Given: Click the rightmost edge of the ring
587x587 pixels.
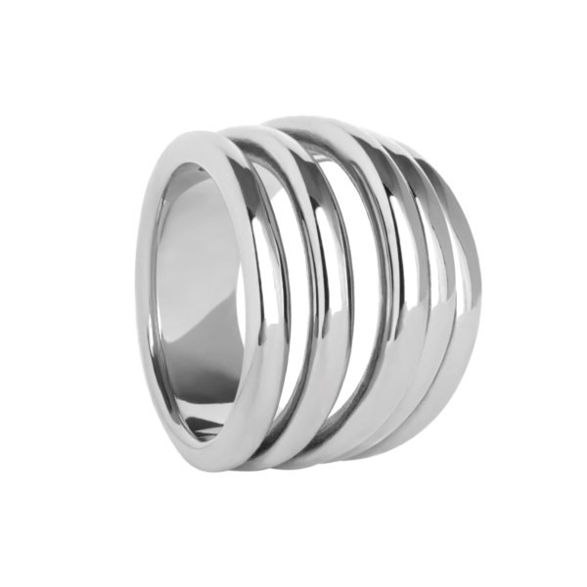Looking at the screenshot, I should point(481,284).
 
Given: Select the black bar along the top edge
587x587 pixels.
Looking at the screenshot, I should point(293,4).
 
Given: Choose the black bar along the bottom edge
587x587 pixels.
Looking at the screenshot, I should point(293,583).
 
